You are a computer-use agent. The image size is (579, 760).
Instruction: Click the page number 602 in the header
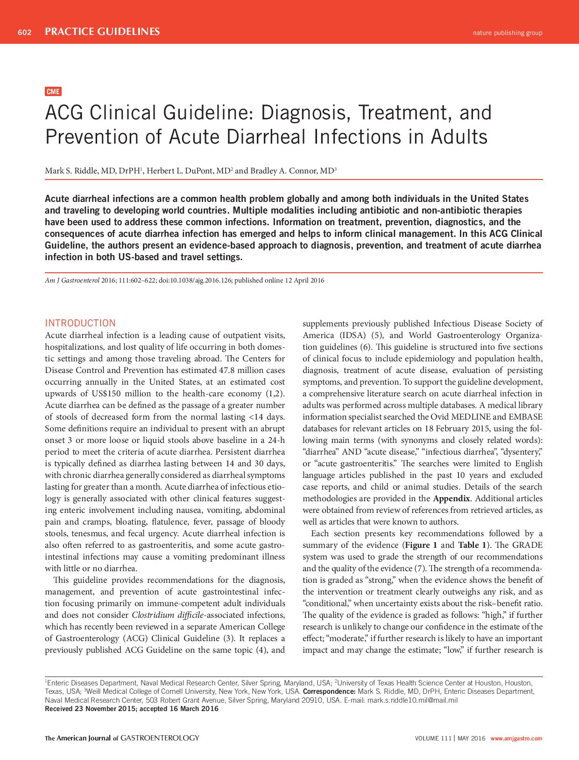24,32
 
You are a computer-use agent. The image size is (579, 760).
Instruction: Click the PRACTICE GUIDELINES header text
102,32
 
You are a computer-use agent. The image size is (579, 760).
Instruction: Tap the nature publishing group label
507,33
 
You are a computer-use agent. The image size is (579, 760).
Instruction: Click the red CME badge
53,91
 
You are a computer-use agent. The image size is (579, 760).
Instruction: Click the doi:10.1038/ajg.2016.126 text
195,281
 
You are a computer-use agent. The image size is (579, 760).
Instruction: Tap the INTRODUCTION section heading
80,323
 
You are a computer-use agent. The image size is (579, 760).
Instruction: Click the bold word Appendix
451,498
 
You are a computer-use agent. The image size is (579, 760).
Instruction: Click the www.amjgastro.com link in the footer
516,739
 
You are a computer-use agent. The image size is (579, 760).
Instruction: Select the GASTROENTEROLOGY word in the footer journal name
160,738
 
